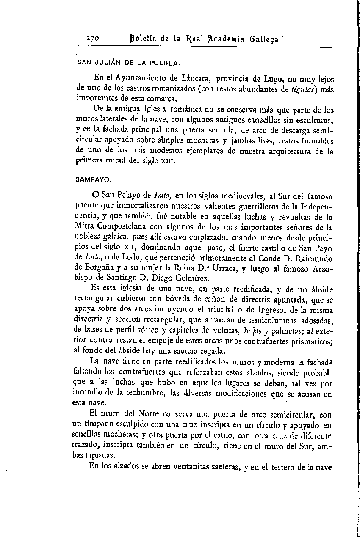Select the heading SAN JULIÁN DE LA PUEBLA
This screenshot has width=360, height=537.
pos(128,63)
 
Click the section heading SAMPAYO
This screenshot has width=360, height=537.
pos(93,179)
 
